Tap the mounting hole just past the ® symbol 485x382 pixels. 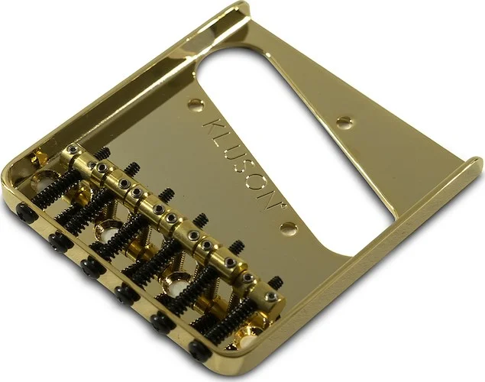(288, 227)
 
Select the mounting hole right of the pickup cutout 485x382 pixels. (344, 121)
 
